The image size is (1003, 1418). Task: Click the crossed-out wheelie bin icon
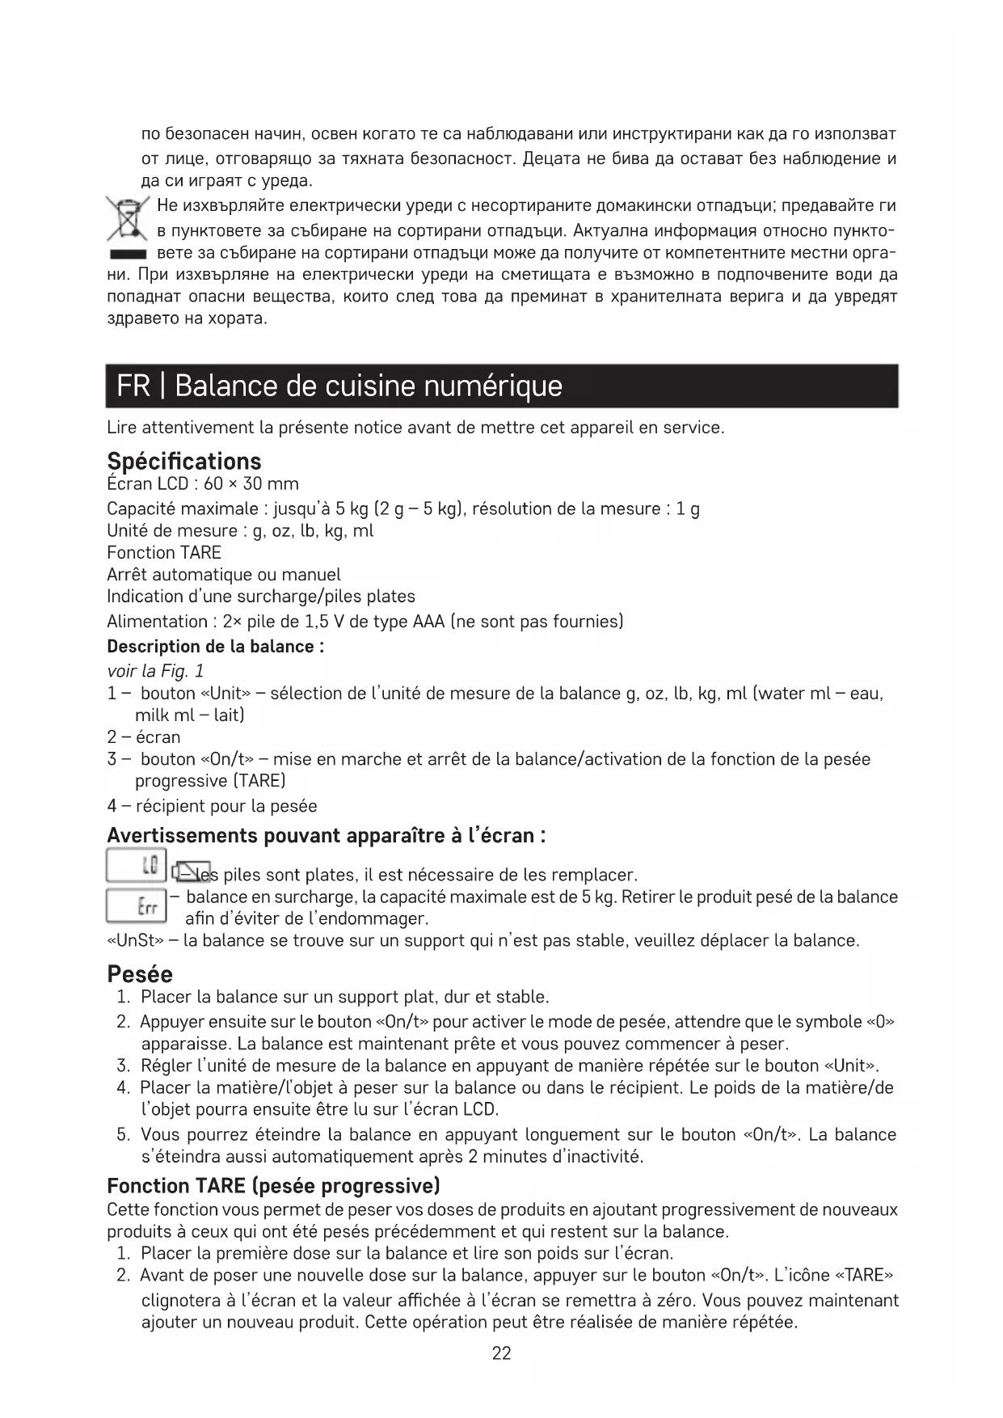(127, 219)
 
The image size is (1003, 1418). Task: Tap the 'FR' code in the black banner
(133, 386)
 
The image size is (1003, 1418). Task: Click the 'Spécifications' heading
(184, 462)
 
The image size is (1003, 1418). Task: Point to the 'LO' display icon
(137, 866)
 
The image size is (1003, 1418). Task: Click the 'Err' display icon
(137, 905)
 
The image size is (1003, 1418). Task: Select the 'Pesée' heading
(140, 973)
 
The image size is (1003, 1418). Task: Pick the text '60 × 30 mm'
(251, 484)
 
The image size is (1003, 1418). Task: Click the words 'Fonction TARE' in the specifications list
(164, 553)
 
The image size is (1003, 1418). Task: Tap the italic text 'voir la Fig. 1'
(155, 671)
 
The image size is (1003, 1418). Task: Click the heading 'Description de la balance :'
(216, 647)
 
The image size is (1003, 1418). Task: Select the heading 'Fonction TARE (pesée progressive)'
(273, 1186)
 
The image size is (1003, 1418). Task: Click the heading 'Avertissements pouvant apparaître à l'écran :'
(326, 835)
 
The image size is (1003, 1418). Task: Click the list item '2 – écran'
(144, 737)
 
